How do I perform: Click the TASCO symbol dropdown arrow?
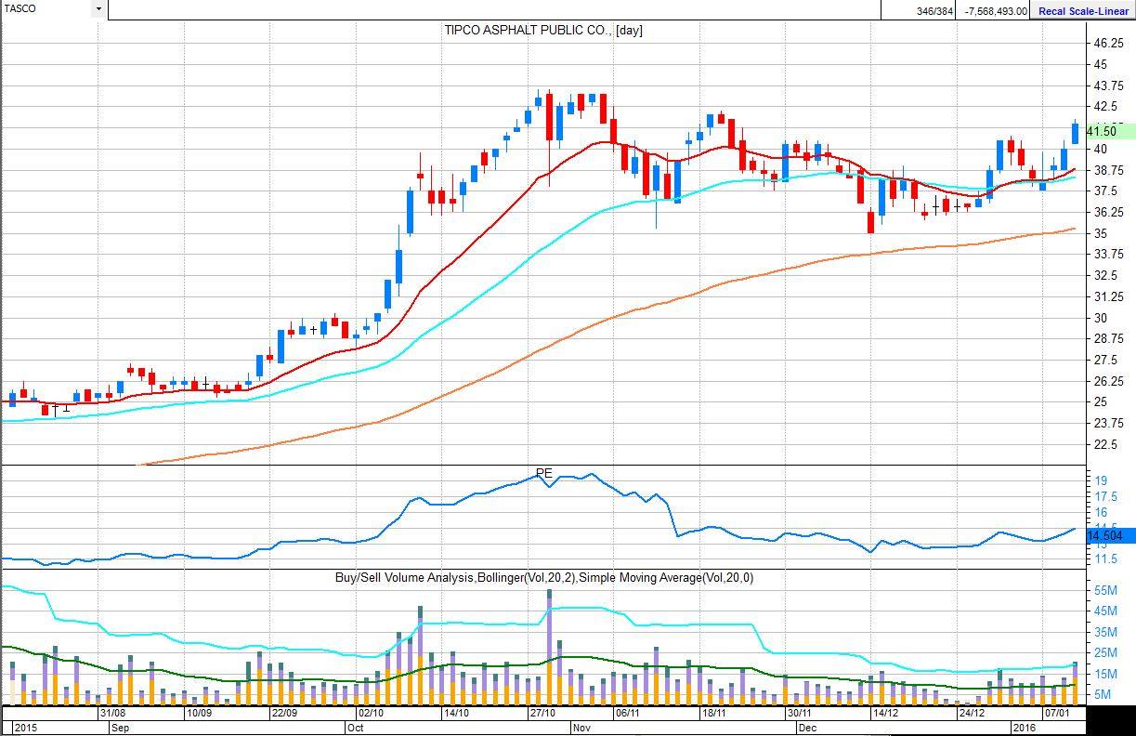point(98,9)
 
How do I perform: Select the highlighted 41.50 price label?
point(1105,132)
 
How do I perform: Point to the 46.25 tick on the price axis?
point(1112,44)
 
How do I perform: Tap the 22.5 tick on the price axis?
point(1105,444)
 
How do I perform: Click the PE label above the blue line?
point(544,473)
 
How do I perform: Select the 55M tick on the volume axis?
point(1106,590)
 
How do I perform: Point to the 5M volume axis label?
point(1103,694)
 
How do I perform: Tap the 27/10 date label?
point(542,713)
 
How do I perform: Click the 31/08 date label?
point(112,713)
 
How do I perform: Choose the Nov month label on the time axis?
point(581,728)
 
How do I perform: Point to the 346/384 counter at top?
point(934,10)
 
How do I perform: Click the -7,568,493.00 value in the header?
point(996,10)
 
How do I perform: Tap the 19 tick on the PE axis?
point(1101,480)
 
